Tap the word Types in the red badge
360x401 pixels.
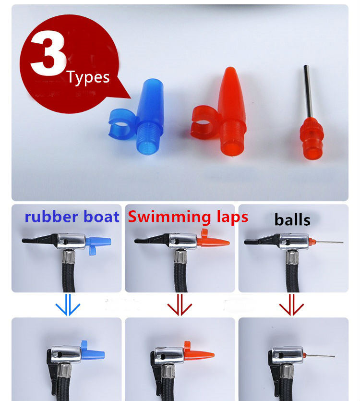click(88, 77)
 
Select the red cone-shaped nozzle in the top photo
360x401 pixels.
click(225, 112)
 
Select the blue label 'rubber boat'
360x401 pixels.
click(72, 217)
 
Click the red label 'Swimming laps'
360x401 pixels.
click(188, 217)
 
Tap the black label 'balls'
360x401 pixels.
click(292, 220)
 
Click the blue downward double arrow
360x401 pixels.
click(68, 304)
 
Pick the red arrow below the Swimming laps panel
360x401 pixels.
click(180, 304)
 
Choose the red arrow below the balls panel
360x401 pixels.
click(291, 304)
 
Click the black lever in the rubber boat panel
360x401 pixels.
click(38, 240)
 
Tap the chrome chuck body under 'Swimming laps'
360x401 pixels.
click(182, 241)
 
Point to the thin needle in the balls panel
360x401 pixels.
click(328, 242)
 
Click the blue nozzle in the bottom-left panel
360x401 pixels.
click(93, 352)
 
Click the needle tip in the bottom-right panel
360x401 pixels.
click(335, 356)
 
